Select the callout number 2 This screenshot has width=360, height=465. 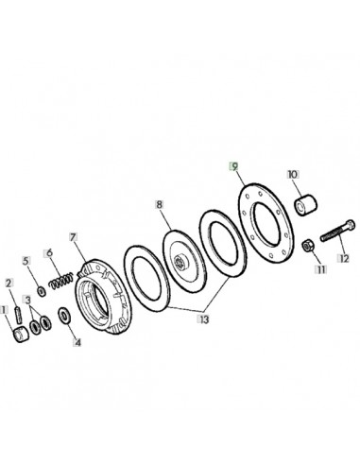9,281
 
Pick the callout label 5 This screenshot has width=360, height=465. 26,260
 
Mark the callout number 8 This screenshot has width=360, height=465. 161,204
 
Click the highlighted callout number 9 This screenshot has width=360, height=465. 233,164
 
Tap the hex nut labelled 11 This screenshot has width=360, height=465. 307,248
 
